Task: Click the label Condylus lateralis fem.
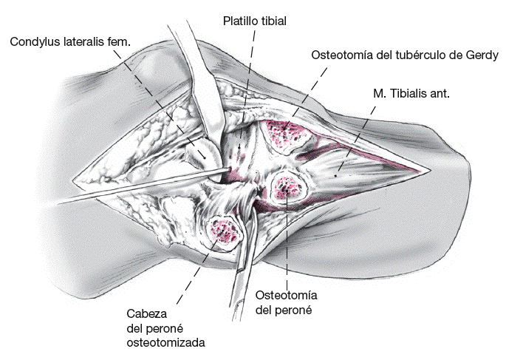click(x=70, y=42)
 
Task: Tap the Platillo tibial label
click(x=255, y=21)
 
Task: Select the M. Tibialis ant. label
click(x=412, y=94)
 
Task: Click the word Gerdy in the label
click(x=484, y=56)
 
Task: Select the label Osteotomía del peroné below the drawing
click(x=285, y=302)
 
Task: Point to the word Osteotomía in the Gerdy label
click(x=342, y=56)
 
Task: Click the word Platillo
click(x=239, y=21)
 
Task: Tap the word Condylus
click(x=33, y=42)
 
